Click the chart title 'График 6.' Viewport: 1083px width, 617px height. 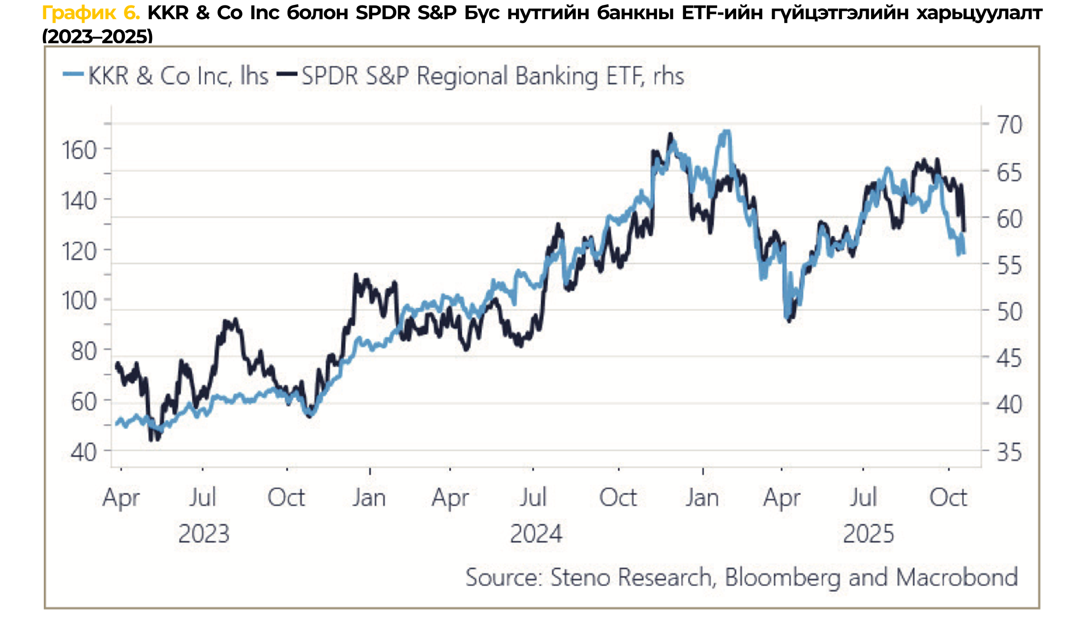tap(91, 13)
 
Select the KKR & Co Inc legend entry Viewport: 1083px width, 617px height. tap(166, 76)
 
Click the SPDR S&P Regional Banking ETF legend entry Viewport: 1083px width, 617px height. tap(481, 76)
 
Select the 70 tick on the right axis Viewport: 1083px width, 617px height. tap(1009, 124)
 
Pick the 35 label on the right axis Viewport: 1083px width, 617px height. tap(1009, 452)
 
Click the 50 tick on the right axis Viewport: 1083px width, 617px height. tap(1009, 312)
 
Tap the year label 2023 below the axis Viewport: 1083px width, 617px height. tap(204, 534)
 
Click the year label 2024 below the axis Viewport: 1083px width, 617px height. tap(536, 534)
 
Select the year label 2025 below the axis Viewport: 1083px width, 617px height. tap(868, 534)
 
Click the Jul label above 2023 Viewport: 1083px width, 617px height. tap(203, 498)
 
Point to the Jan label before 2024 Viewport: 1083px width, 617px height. tap(369, 498)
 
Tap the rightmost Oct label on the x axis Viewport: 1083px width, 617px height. tap(948, 498)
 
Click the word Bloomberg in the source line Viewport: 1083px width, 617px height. tap(782, 577)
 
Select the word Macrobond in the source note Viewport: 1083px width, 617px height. tap(957, 577)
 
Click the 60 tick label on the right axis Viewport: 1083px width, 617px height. tap(1009, 219)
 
